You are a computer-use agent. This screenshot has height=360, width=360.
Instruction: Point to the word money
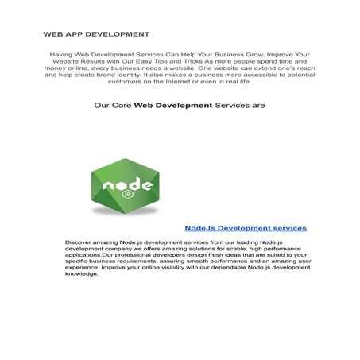point(56,72)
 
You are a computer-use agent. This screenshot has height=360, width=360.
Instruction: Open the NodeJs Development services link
point(245,228)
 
